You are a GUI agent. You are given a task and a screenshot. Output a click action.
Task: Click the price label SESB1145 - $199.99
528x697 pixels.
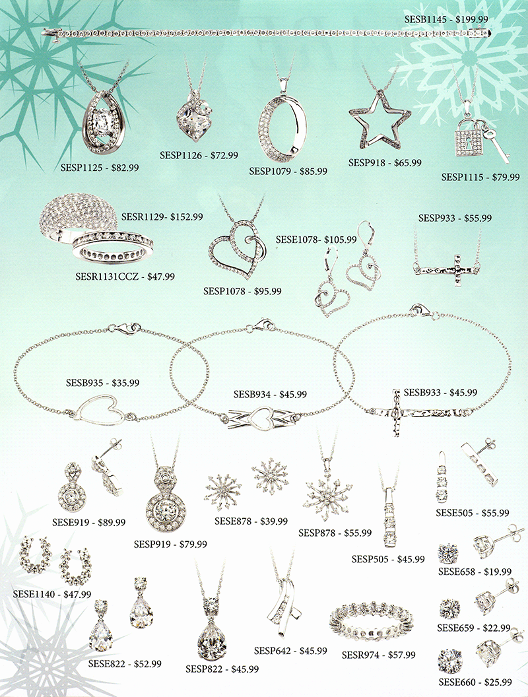[446, 20]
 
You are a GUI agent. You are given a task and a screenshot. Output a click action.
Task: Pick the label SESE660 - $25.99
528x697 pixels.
[475, 682]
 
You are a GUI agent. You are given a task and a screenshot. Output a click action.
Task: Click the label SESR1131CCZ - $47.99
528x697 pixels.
[125, 277]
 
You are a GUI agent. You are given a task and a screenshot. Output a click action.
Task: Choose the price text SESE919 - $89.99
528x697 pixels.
[89, 522]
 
